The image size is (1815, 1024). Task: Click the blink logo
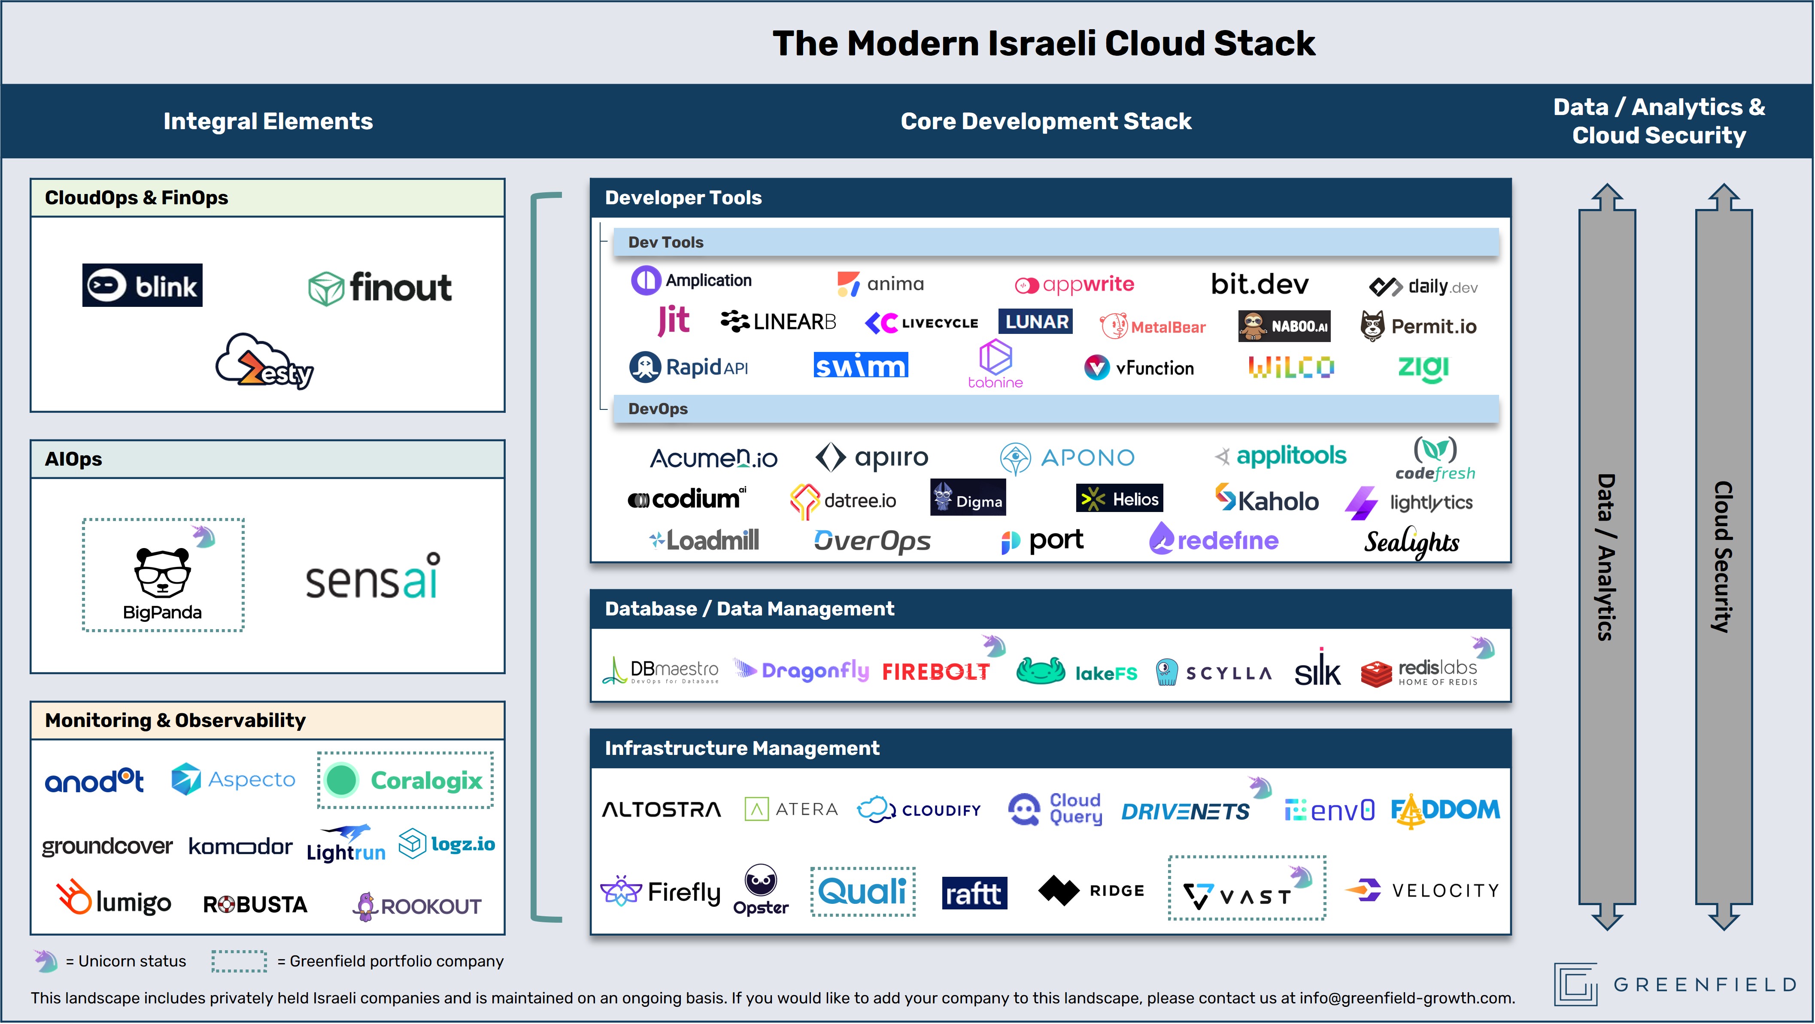(143, 285)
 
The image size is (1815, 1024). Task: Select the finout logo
(380, 288)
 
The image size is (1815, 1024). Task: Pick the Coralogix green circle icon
(342, 780)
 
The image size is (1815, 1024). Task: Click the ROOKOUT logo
(417, 906)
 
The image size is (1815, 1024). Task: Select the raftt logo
(974, 893)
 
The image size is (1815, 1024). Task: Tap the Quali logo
(862, 891)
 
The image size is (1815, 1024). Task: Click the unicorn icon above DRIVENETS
(1260, 787)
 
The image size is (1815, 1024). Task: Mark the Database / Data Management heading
(749, 609)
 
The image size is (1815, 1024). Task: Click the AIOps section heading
(73, 459)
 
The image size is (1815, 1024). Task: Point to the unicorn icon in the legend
(46, 960)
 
